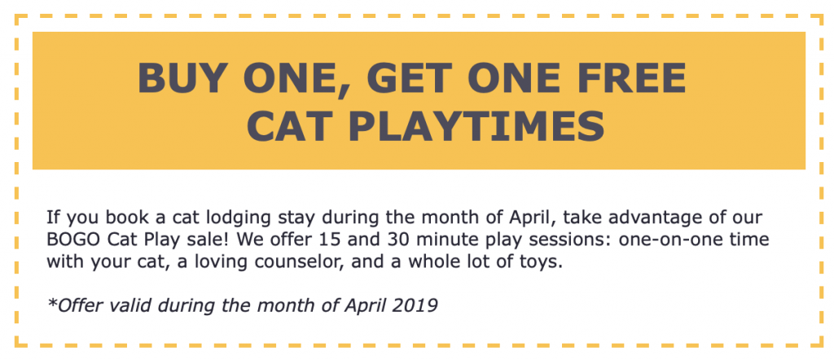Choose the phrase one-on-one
[670, 240]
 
